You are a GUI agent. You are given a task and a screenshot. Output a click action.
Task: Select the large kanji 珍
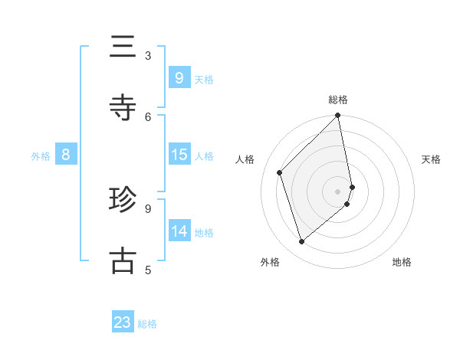pos(123,200)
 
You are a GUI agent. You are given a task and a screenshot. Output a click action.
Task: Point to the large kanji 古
pos(123,260)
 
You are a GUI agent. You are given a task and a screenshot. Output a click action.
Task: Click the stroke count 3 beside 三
pos(148,55)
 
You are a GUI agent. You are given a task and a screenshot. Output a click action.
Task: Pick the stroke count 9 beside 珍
pos(148,208)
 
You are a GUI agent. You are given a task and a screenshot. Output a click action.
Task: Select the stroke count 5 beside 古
pos(148,269)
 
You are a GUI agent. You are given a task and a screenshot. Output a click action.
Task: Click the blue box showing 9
pos(179,78)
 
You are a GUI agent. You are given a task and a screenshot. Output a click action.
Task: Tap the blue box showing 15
pos(179,155)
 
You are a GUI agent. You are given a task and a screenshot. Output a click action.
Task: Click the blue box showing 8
pos(66,155)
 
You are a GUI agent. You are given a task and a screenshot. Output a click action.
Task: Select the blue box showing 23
pos(123,322)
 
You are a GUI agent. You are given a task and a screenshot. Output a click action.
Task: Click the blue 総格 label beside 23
pos(147,324)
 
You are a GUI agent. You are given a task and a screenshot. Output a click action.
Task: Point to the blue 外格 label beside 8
pos(41,156)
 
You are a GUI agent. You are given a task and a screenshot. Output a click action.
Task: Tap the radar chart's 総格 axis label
pos(338,100)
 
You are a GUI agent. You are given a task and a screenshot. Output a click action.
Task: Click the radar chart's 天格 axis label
pos(431,159)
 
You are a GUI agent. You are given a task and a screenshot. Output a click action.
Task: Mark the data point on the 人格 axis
pos(280,172)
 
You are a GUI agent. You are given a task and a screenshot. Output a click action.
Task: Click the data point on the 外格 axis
pos(301,242)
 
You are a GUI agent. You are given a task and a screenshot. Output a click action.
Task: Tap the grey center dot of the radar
pos(338,191)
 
